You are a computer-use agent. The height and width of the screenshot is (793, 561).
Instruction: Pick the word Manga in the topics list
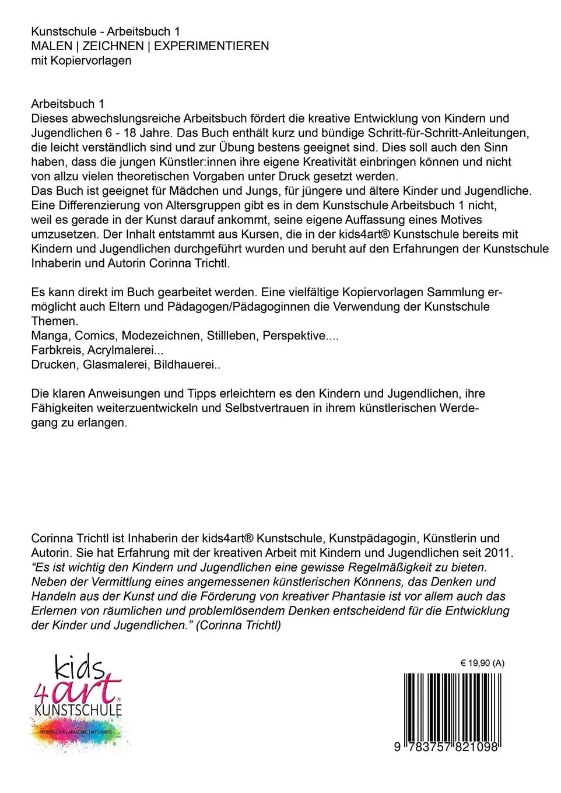50,336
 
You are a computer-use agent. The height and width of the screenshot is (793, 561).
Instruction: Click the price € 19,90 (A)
482,663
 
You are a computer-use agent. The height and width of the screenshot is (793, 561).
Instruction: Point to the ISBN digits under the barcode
447,747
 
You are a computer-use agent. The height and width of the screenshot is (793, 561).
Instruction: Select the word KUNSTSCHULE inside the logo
78,710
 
